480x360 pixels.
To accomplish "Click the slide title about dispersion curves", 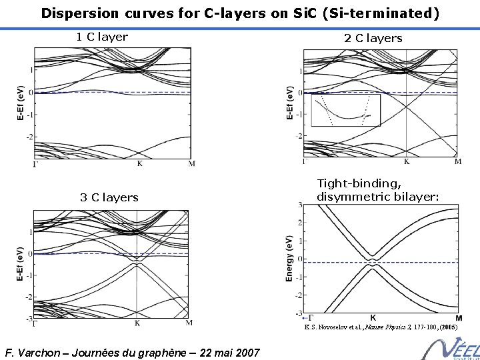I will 240,13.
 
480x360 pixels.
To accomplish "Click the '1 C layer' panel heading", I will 102,37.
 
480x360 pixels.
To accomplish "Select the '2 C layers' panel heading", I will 373,38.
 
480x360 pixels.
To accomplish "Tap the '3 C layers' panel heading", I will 109,197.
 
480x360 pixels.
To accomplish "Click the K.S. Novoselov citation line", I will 381,327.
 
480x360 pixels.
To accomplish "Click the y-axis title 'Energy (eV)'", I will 290,257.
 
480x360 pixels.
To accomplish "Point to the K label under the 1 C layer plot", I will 139,163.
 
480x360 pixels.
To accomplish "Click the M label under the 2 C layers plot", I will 458,161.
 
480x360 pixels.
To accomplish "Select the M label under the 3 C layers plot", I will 189,323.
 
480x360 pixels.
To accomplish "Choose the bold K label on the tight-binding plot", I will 373,318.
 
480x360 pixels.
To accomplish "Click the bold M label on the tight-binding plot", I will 459,318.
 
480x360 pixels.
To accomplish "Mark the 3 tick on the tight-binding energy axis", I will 300,205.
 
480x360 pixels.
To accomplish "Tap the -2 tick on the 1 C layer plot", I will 29,137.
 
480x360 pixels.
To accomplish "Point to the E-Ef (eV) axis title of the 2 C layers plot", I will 289,102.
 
